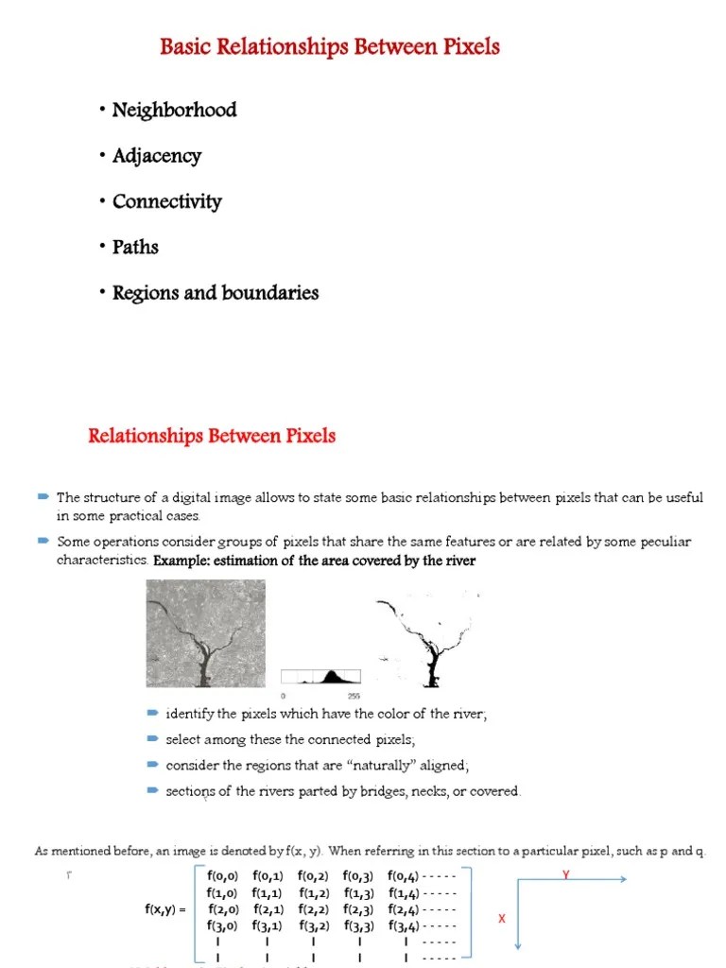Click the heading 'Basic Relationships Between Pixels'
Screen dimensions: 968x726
pyautogui.click(x=330, y=46)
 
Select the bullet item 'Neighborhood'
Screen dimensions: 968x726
pyautogui.click(x=174, y=110)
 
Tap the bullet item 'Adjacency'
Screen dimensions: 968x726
pyautogui.click(x=156, y=156)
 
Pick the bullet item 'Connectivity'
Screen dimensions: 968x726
pyautogui.click(x=166, y=201)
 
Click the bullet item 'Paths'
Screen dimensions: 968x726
pyautogui.click(x=135, y=247)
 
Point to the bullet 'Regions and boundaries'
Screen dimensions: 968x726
pyautogui.click(x=215, y=293)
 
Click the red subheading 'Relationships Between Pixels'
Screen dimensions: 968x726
pyautogui.click(x=212, y=436)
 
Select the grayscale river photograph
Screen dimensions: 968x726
pyautogui.click(x=206, y=632)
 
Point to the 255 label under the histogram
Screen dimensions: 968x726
pyautogui.click(x=354, y=694)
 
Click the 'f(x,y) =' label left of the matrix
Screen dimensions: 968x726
pyautogui.click(x=165, y=909)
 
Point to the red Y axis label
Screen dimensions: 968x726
pyautogui.click(x=566, y=875)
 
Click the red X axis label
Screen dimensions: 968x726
pyautogui.click(x=502, y=919)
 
